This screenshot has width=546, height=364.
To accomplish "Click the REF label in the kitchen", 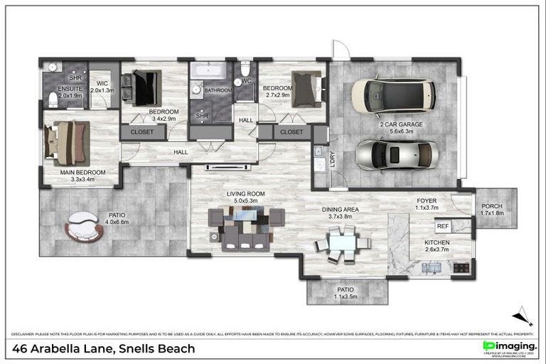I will click(x=442, y=226).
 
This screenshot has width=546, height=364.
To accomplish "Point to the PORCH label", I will click(x=491, y=206).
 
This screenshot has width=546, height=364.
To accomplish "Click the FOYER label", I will click(x=427, y=200).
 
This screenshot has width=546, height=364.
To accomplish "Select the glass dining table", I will click(x=343, y=242).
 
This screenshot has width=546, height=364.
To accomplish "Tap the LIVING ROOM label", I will click(x=245, y=193).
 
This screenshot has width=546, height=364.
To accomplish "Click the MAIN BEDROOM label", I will click(x=82, y=173).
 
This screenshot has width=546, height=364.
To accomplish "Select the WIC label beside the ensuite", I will click(x=102, y=83).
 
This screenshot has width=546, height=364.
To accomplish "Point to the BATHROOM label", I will click(x=218, y=91).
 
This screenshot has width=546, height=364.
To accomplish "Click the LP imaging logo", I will click(x=508, y=346).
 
